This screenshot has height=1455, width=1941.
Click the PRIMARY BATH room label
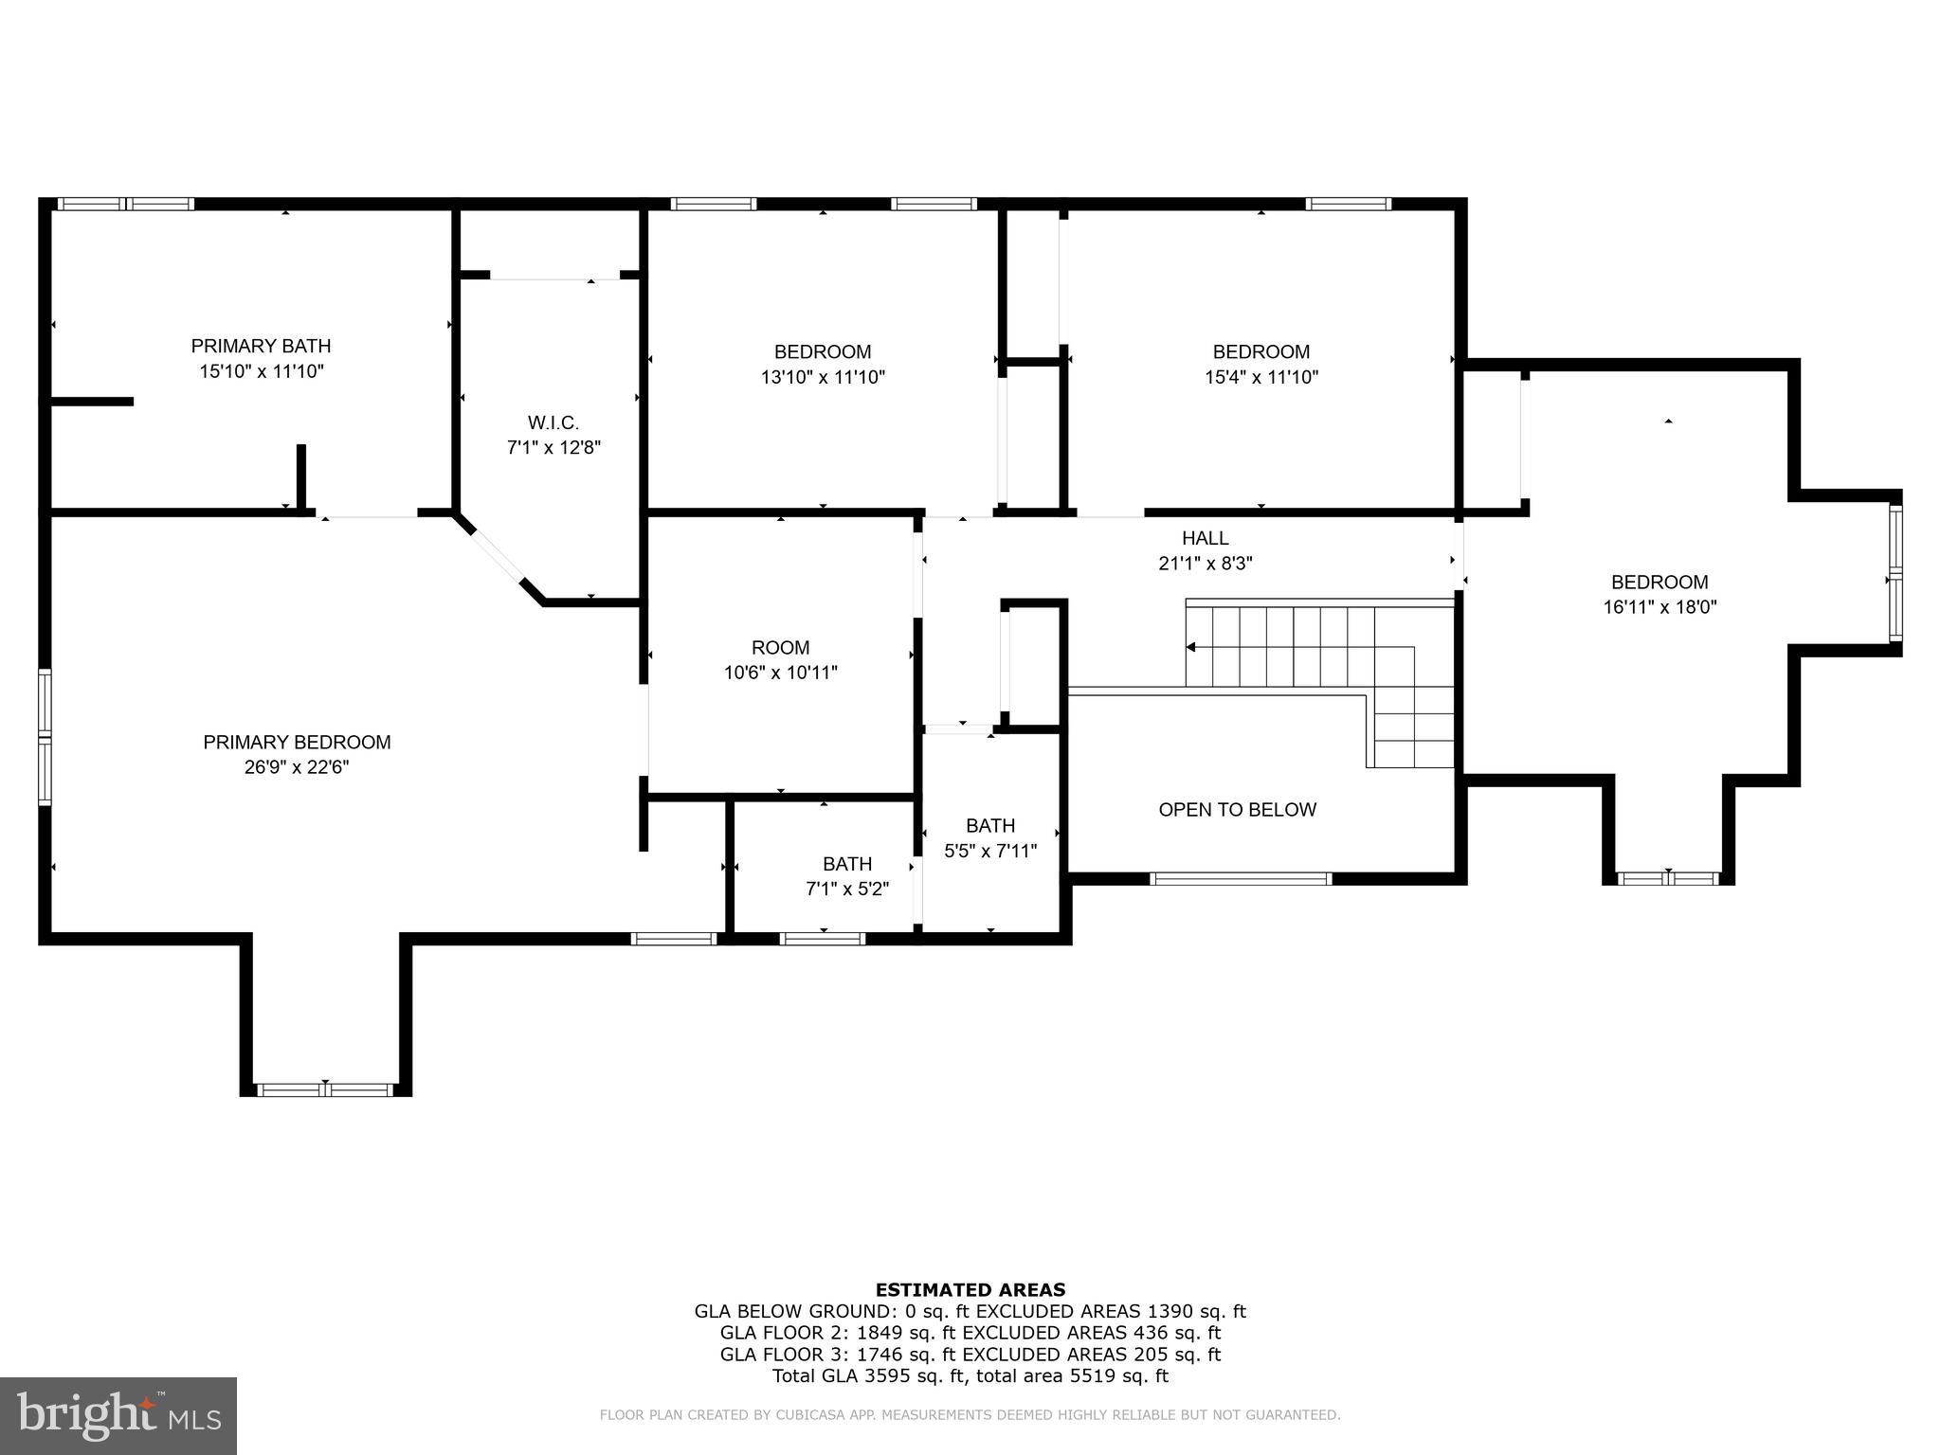[x=261, y=346]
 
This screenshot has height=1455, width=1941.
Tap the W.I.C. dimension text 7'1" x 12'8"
[x=553, y=447]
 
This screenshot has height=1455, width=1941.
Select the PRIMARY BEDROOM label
[x=297, y=743]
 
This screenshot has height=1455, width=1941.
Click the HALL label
[x=1205, y=538]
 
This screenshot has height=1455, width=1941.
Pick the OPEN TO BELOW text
[x=1237, y=810]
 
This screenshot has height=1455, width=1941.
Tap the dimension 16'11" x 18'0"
[x=1660, y=607]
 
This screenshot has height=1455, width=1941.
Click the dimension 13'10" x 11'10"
[x=823, y=377]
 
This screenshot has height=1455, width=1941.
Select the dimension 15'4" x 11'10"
[x=1261, y=377]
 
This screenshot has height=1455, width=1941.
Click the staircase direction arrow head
[x=1191, y=647]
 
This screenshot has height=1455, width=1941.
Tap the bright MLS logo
[x=118, y=1416]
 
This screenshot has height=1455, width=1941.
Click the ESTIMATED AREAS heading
[x=970, y=1289]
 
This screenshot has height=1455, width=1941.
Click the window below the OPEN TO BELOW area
[x=1241, y=879]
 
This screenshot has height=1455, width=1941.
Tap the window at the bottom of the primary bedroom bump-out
[x=325, y=1090]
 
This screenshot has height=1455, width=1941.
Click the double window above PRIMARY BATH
[x=125, y=204]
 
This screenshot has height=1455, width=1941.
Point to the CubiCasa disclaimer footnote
[x=970, y=1415]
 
